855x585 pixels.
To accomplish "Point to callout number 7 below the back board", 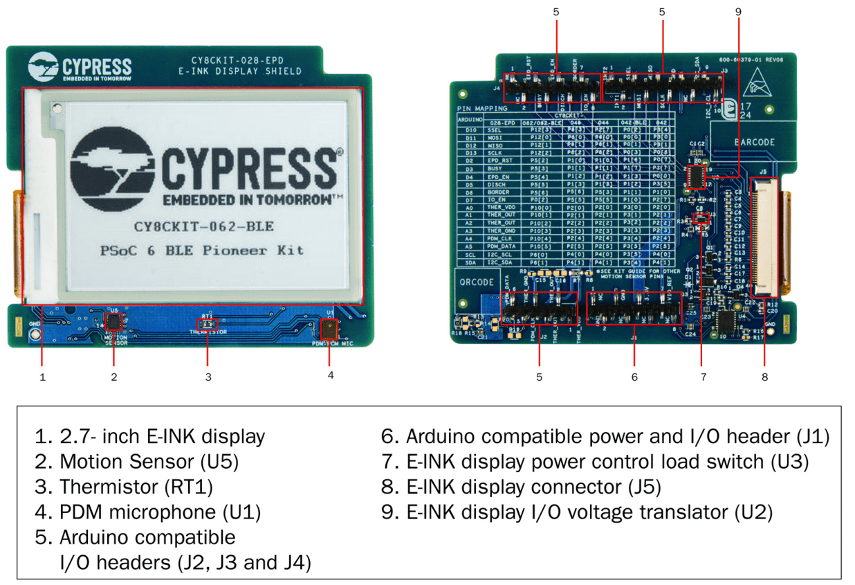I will click(x=703, y=377).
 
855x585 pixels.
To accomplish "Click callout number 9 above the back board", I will click(x=738, y=12).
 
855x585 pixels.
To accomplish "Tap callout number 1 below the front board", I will click(x=43, y=377).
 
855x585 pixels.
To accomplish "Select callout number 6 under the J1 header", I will click(x=634, y=377).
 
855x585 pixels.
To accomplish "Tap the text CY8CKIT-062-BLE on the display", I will click(x=203, y=226).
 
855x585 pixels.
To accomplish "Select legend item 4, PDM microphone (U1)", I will click(x=147, y=512).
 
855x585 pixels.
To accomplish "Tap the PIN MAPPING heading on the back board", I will click(x=482, y=109).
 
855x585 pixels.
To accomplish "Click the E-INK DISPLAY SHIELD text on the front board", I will click(x=239, y=71).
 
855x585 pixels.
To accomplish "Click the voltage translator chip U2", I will click(x=697, y=177).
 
